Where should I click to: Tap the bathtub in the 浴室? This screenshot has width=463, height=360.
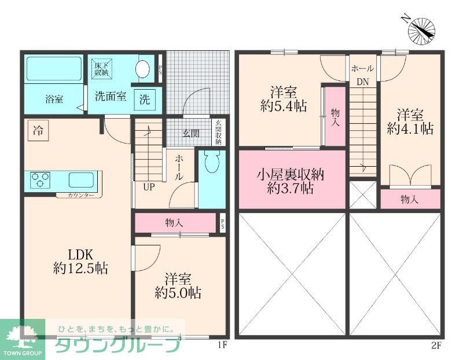54,69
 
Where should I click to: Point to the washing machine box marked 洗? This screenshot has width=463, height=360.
144,99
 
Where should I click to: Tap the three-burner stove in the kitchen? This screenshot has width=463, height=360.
39,179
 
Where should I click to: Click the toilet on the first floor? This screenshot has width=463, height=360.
211,163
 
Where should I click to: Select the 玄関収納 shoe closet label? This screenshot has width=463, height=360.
218,132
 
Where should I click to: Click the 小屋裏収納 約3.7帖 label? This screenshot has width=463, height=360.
291,181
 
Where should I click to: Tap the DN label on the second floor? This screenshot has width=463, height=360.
362,82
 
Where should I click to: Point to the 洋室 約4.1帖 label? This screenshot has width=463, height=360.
410,121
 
